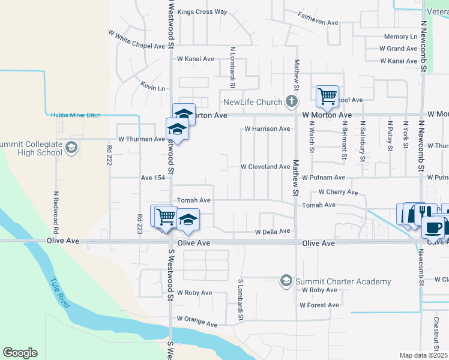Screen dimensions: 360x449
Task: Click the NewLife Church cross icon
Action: (x=292, y=101)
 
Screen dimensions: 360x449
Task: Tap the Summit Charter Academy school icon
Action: (x=286, y=281)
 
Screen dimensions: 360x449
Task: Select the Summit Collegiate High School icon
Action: (x=71, y=148)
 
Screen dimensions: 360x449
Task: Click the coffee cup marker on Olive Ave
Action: (x=433, y=227)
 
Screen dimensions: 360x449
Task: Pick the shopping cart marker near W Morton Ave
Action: (x=327, y=95)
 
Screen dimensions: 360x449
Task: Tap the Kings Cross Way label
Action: (x=203, y=11)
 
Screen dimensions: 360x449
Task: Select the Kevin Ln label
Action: (x=152, y=88)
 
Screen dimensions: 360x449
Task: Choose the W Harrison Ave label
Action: (x=267, y=129)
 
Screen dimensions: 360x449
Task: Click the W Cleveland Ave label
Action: (x=265, y=166)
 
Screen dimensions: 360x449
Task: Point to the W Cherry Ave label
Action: (x=338, y=192)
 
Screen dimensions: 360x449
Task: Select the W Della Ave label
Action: (x=273, y=232)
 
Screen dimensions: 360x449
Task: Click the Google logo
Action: (x=20, y=353)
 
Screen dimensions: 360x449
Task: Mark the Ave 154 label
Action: (x=152, y=178)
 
